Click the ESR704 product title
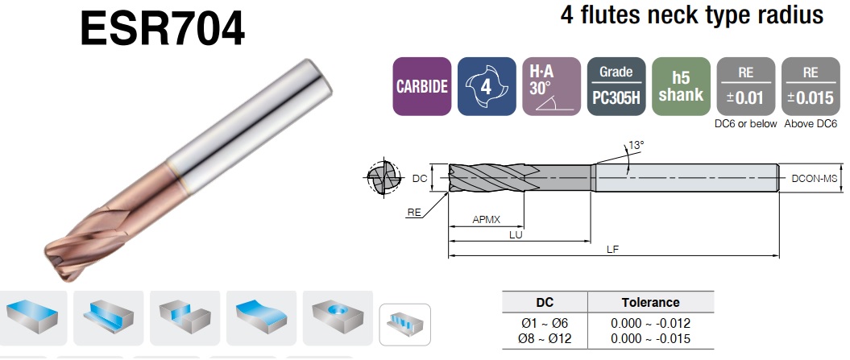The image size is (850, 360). point(162,29)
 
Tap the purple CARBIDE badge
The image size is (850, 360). point(421,86)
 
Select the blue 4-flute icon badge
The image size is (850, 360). point(487,86)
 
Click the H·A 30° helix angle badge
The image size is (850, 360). point(551,86)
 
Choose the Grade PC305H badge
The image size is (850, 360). point(616,86)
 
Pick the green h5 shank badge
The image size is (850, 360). point(681,86)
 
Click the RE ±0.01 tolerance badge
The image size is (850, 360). point(746,86)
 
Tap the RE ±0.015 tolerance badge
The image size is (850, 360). point(811,86)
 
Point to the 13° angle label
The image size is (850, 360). point(636,145)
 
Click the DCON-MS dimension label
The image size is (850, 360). point(815,178)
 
